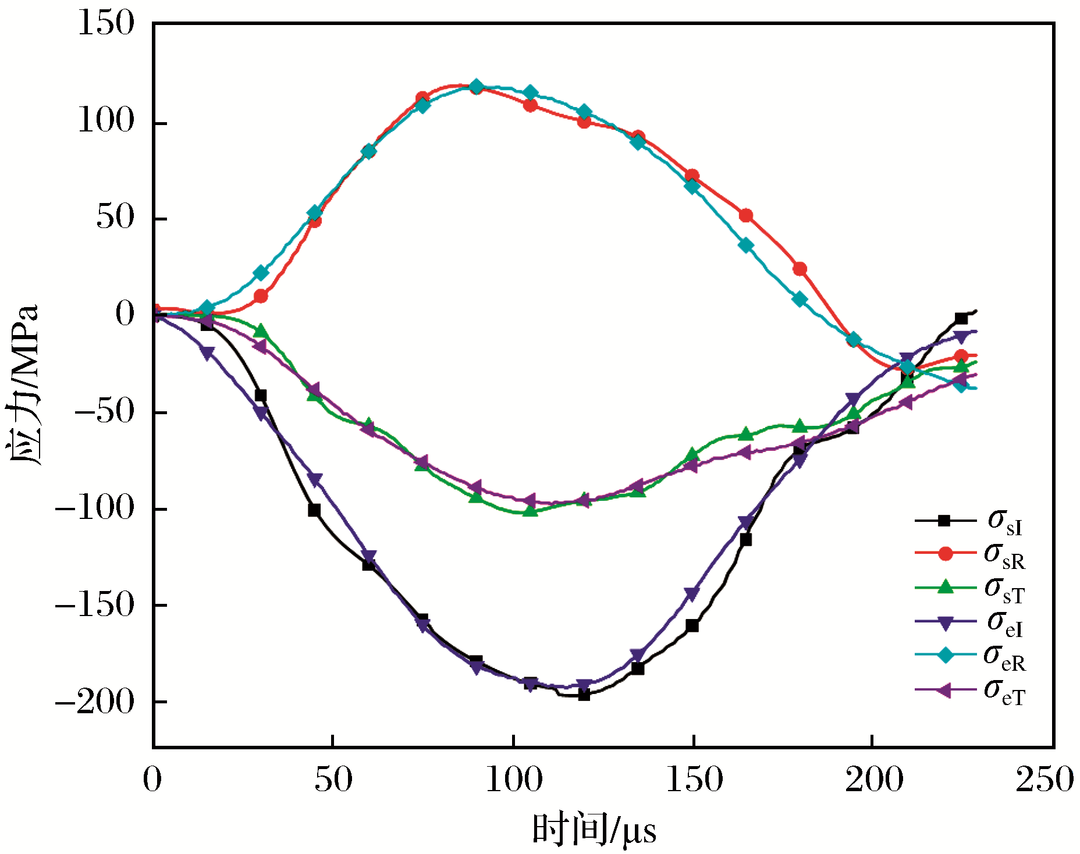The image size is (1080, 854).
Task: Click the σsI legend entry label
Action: tap(1004, 521)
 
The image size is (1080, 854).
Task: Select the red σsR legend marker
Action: tap(946, 553)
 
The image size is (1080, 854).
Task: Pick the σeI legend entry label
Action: tap(1004, 622)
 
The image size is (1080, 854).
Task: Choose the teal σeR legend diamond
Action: tap(946, 655)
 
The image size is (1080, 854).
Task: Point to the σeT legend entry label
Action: tap(1004, 692)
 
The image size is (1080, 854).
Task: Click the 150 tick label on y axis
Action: tap(106, 24)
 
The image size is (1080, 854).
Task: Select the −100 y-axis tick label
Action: tap(94, 509)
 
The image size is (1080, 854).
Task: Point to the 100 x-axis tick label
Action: tap(514, 780)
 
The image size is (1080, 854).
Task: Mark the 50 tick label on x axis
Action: tap(333, 780)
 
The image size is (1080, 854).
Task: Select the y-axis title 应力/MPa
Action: tap(24, 384)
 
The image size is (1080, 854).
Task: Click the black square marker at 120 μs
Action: tap(584, 694)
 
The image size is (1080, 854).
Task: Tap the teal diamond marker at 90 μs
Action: tap(477, 87)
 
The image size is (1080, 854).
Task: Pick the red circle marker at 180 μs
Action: tap(800, 269)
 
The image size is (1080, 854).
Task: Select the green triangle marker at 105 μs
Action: tap(530, 511)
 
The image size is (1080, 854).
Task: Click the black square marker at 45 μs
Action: tap(314, 510)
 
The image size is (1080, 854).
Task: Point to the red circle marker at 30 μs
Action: tap(261, 296)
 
